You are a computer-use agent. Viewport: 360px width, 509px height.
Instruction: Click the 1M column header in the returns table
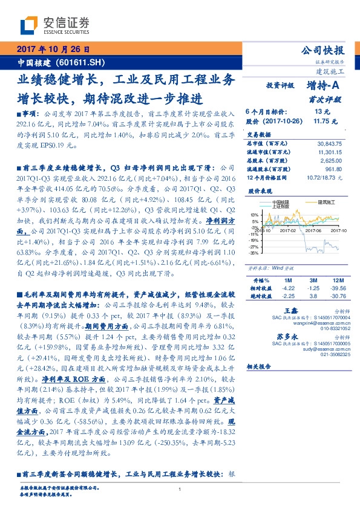(x=288, y=281)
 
